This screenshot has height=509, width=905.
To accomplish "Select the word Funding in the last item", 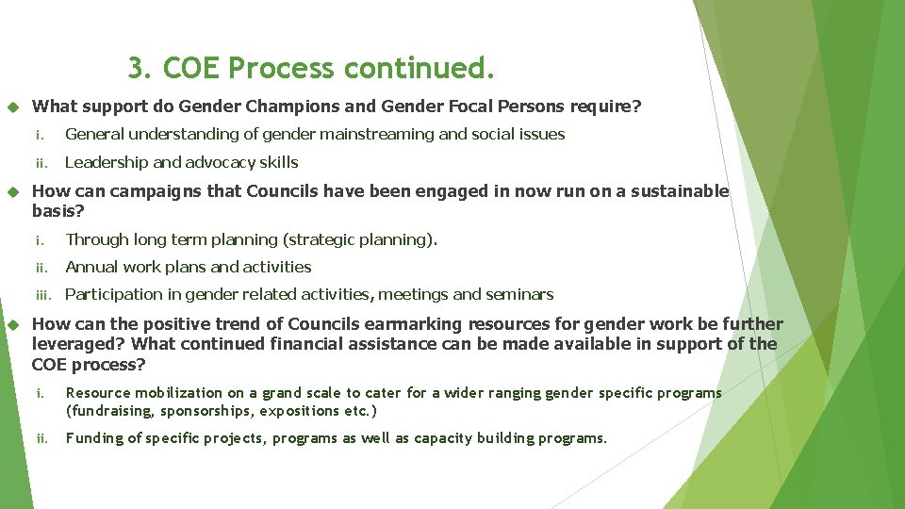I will pyautogui.click(x=91, y=438).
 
